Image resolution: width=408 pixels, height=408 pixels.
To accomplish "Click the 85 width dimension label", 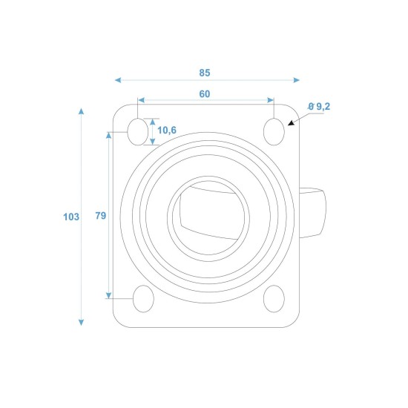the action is tap(205, 73).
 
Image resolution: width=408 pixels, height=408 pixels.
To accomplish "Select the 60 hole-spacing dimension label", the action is tap(205, 94).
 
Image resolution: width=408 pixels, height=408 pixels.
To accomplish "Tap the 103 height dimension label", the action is tap(71, 217).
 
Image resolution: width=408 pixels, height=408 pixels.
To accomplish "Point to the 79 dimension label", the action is tap(101, 216).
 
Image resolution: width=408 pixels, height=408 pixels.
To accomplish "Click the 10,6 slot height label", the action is tap(167, 130).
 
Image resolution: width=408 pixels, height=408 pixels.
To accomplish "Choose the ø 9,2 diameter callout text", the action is tap(319, 106).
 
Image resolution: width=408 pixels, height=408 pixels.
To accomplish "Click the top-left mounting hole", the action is tap(138, 131).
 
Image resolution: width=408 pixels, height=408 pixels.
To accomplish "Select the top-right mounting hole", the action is tap(274, 131).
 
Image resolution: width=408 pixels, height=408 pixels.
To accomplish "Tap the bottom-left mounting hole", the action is tap(143, 299).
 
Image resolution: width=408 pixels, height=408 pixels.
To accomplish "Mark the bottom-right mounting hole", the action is tap(274, 299).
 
